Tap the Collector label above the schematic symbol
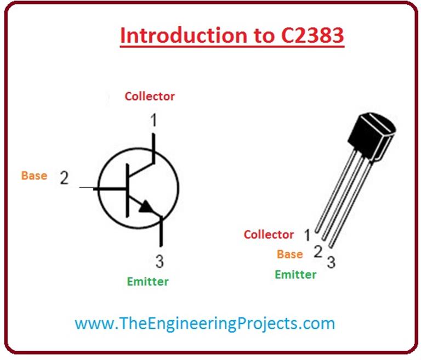pos(150,97)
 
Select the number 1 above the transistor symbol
pos(154,119)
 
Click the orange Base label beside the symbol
pos(34,176)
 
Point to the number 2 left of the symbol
pos(64,178)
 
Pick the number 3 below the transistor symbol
pos(159,261)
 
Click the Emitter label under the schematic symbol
pos(147,282)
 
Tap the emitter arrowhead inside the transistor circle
pos(146,207)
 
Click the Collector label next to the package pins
pos(269,235)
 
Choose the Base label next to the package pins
pos(289,255)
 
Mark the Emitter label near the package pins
pos(295,274)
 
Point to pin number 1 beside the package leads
pos(308,235)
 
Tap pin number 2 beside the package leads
pos(317,252)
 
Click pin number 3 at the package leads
pos(331,262)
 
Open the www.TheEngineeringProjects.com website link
pos(204,323)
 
